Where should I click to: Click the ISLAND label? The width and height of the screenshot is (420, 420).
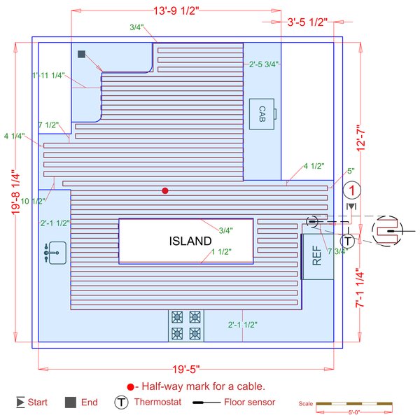pos(190,241)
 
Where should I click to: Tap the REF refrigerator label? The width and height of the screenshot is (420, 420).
pos(316,256)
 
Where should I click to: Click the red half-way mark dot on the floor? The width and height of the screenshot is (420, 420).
pos(165,190)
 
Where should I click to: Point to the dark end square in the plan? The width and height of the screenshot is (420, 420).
pos(81,54)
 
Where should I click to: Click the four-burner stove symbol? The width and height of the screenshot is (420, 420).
pos(185,325)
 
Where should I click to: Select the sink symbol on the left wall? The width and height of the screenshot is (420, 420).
pos(55,252)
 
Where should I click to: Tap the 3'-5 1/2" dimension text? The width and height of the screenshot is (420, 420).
pos(308,22)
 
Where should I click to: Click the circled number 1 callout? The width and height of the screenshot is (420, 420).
pos(353,190)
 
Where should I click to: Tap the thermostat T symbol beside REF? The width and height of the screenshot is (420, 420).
pos(346,241)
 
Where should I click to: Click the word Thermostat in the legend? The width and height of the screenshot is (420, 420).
pos(157,402)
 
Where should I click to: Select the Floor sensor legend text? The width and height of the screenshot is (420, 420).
pos(250,402)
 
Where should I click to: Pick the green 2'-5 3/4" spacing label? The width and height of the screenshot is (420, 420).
pos(263,64)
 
